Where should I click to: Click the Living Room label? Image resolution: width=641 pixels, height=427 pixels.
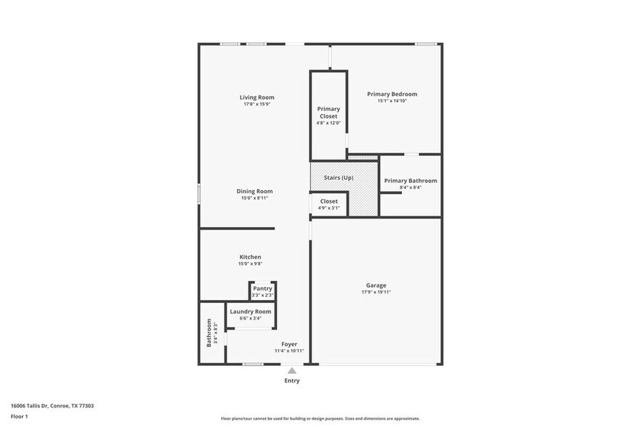point(257,97)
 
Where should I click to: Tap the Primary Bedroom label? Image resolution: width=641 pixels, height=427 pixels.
point(392,94)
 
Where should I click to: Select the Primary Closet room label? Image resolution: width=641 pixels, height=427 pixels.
point(328,113)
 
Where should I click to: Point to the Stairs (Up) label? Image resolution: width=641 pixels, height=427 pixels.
point(339,178)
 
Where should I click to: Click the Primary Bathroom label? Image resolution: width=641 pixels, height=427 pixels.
point(411,181)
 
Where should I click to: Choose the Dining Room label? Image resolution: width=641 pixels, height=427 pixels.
point(254,191)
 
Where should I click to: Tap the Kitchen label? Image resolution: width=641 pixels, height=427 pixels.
point(250,257)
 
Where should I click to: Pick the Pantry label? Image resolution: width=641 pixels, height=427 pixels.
point(262,288)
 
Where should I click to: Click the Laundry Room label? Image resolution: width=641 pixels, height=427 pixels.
point(250,312)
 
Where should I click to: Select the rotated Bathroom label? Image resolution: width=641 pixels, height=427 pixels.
point(209,333)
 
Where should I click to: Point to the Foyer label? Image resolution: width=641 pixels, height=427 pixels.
point(289,344)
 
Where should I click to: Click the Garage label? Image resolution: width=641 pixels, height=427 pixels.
point(376,285)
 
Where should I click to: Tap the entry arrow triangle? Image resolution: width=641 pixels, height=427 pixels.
point(291,370)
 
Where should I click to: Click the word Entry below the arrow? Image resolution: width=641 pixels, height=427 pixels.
point(291,381)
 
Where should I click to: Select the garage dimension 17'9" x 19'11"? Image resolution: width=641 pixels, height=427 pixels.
point(376,293)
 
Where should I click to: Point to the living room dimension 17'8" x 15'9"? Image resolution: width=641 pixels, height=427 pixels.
point(257,105)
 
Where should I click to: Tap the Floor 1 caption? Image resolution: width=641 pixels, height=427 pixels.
point(19,417)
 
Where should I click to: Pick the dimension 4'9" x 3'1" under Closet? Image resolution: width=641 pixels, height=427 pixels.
point(328,208)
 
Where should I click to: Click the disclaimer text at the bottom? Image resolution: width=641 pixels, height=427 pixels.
point(320,419)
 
